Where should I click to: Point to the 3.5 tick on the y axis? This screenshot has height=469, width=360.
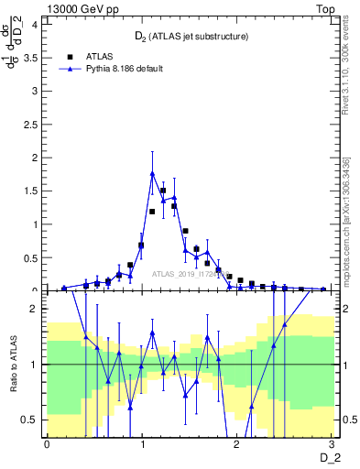[x=33, y=58]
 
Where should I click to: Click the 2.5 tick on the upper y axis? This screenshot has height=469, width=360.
[x=33, y=125]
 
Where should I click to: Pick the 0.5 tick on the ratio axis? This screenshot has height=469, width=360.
[x=32, y=420]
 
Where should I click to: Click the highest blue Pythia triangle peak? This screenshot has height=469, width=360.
[x=152, y=172]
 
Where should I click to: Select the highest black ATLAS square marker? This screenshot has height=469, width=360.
[x=163, y=191]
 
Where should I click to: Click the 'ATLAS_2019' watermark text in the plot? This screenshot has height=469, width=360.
[x=191, y=273]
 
